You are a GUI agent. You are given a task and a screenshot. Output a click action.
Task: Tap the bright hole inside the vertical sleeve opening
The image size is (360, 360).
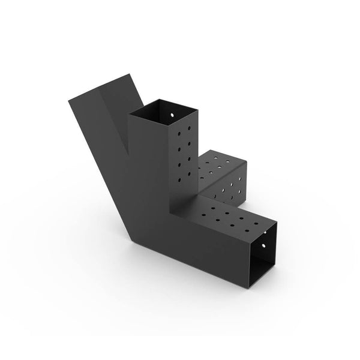pyautogui.click(x=171, y=113)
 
